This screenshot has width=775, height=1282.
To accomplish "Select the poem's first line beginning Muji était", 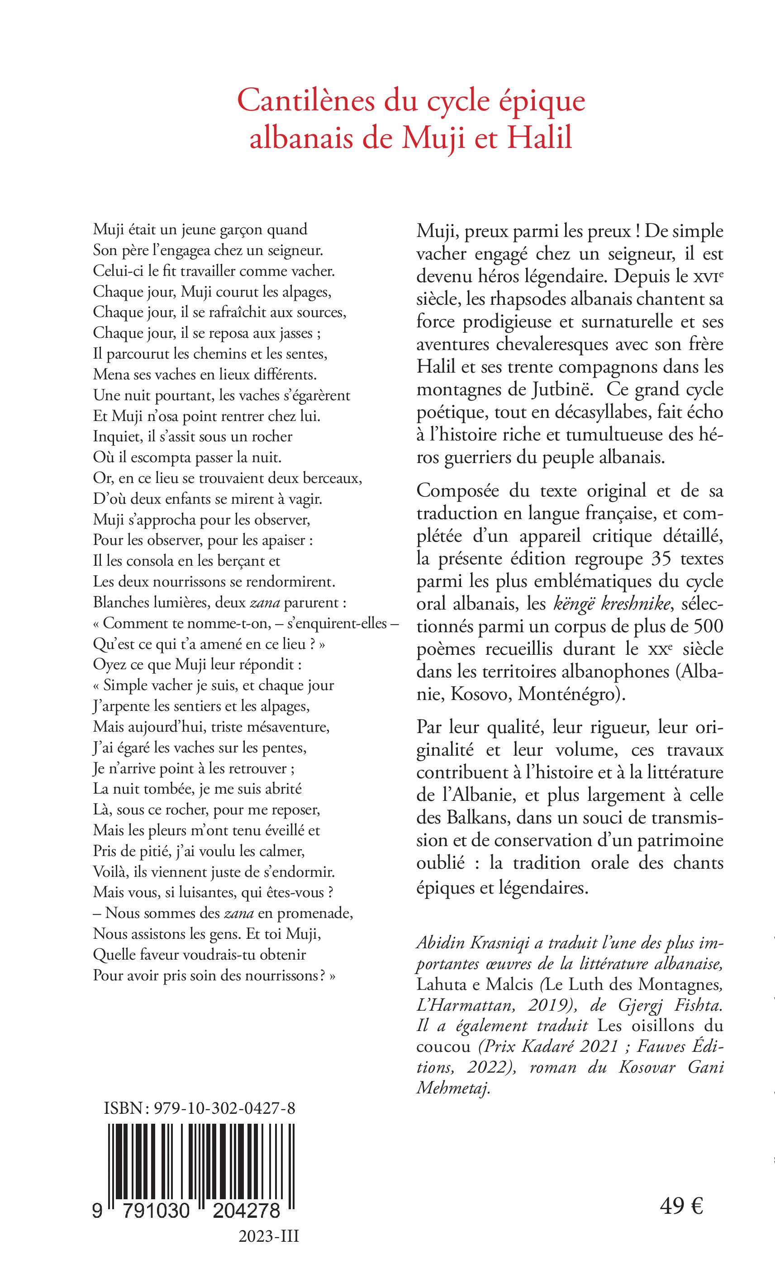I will (x=200, y=229).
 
